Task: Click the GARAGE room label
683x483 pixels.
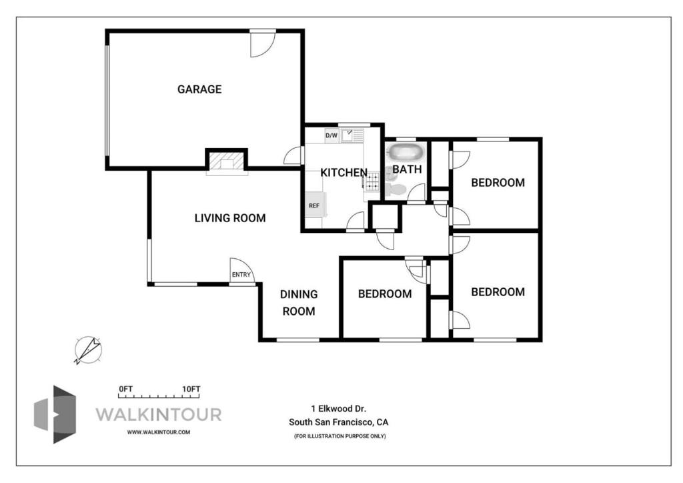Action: click(x=199, y=89)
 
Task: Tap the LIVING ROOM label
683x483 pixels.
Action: click(x=230, y=218)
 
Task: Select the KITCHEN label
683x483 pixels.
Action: click(x=344, y=173)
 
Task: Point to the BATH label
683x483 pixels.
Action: click(x=407, y=169)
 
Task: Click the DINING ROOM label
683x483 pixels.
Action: click(x=299, y=303)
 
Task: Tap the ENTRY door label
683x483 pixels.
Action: click(x=241, y=275)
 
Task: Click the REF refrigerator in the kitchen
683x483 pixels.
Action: click(x=315, y=205)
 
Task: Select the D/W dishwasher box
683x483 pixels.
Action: click(x=331, y=135)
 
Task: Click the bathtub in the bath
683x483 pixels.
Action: click(x=405, y=152)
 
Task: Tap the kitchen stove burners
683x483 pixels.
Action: click(x=372, y=181)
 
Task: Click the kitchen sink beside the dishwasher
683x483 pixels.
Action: click(x=352, y=136)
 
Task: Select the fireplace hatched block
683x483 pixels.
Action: click(x=227, y=161)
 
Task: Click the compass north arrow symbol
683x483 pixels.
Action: click(x=88, y=350)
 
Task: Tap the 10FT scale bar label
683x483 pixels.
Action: click(x=191, y=389)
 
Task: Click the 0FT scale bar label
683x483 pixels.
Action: click(x=126, y=389)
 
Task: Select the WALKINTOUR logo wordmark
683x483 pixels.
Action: click(x=159, y=414)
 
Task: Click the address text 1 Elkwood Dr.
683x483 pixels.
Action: click(x=339, y=409)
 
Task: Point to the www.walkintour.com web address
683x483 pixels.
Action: click(x=159, y=432)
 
